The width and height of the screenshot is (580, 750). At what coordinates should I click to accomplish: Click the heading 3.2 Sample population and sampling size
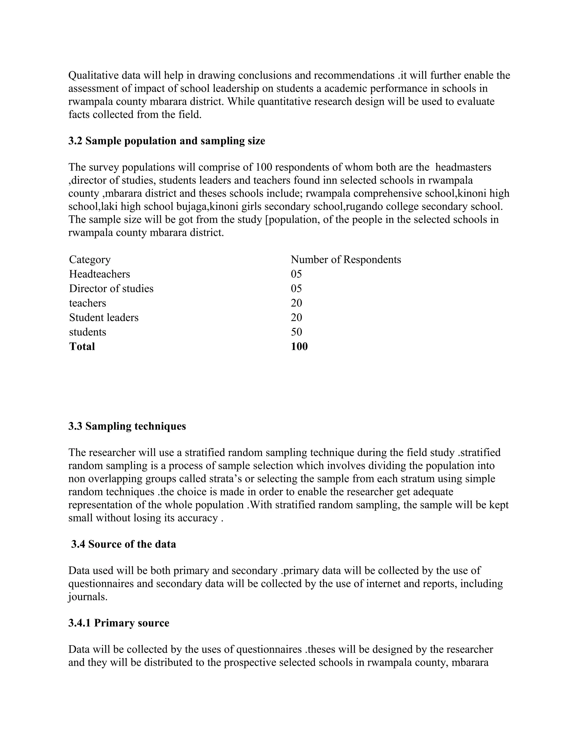tap(167, 141)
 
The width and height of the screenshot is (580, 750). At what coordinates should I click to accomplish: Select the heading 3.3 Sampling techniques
tap(127, 426)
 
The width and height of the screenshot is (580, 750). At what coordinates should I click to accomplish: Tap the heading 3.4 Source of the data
tap(124, 544)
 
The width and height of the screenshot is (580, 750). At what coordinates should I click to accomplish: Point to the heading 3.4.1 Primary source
tap(119, 623)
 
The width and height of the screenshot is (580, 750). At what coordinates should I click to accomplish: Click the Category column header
tap(90, 260)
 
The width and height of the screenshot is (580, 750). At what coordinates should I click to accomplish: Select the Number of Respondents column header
tap(346, 260)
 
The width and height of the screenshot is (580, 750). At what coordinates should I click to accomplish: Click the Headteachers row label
tap(99, 274)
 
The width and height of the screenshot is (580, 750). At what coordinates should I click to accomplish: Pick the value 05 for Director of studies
tap(296, 288)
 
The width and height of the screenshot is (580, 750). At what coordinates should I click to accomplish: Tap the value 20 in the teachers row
tap(296, 303)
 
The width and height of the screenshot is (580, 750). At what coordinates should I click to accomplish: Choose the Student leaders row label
tap(104, 317)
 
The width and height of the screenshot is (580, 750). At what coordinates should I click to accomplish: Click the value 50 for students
tap(296, 332)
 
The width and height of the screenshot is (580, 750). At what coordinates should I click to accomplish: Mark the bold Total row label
tap(82, 346)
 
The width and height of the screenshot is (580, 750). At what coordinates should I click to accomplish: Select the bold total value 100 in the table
tap(299, 346)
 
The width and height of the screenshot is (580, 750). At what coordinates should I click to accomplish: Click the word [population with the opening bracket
tap(292, 220)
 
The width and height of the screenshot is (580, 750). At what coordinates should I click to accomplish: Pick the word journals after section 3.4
tap(88, 597)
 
